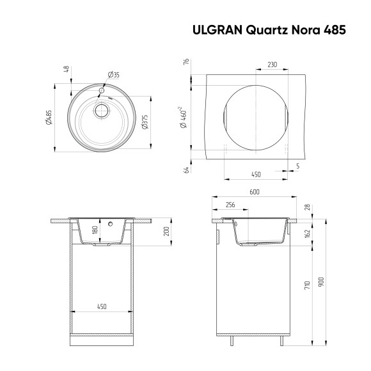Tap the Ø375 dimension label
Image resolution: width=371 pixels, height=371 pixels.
(x=145, y=122)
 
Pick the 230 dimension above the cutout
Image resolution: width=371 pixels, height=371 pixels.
(x=272, y=65)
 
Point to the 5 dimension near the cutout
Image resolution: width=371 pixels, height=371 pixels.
(x=297, y=166)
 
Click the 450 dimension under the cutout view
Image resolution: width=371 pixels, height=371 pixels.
(x=255, y=175)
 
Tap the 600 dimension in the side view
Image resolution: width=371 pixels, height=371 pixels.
(x=254, y=192)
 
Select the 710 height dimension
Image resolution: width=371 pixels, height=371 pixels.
(x=308, y=285)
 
